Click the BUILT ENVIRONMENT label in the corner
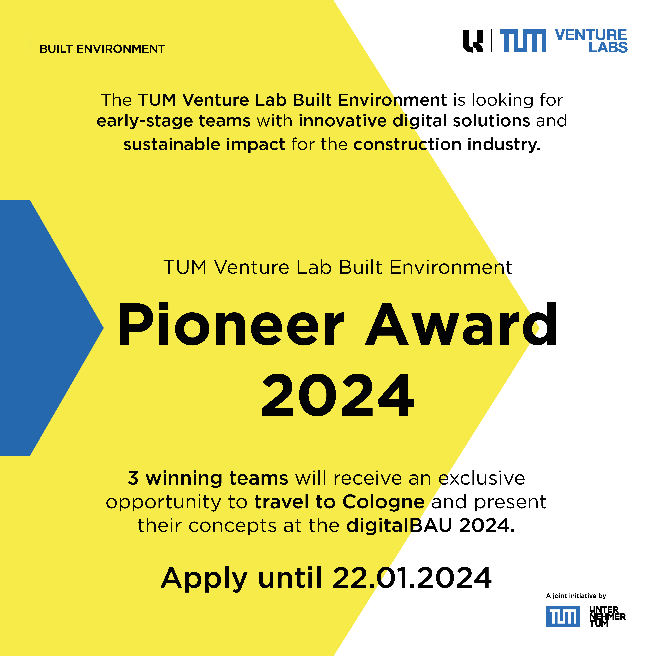[x=102, y=49]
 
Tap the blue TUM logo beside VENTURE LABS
[x=523, y=41]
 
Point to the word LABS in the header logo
[x=608, y=47]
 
